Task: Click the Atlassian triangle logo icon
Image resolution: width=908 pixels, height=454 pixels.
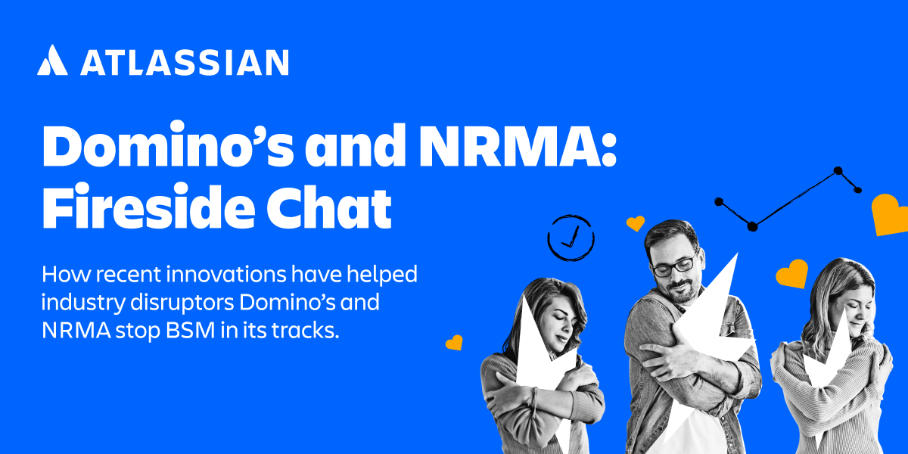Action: pyautogui.click(x=52, y=60)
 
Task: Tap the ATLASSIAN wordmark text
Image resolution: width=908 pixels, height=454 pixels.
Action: pyautogui.click(x=185, y=62)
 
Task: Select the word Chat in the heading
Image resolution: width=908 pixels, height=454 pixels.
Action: pyautogui.click(x=328, y=207)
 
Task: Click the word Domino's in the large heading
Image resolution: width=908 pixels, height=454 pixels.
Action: pyautogui.click(x=168, y=144)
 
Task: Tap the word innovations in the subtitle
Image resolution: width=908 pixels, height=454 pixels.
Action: pyautogui.click(x=226, y=275)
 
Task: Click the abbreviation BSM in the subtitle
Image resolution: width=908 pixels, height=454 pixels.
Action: pyautogui.click(x=190, y=331)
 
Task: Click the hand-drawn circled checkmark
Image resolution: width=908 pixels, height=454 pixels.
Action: pyautogui.click(x=571, y=238)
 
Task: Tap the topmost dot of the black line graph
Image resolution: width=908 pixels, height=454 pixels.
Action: pyautogui.click(x=838, y=171)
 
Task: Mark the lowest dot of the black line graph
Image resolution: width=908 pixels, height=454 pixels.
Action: pyautogui.click(x=752, y=226)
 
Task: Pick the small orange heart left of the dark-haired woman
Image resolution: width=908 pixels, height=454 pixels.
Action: pyautogui.click(x=454, y=343)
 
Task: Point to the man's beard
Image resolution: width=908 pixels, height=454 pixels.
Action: pyautogui.click(x=683, y=289)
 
